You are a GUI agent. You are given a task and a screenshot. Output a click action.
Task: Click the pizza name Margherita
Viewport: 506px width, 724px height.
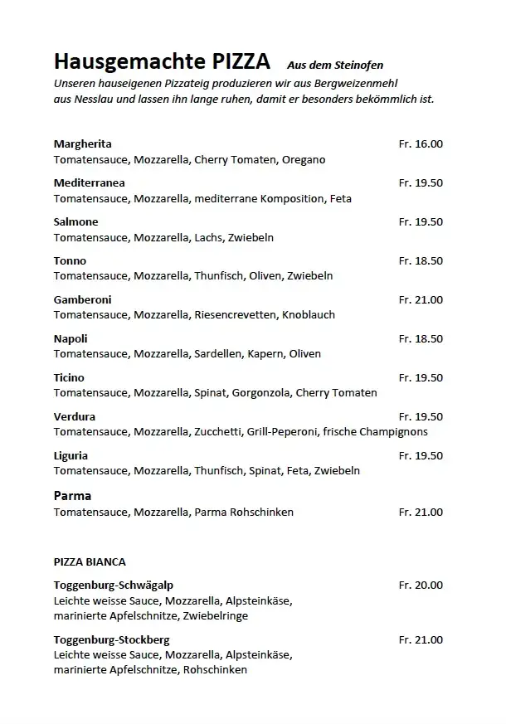pyautogui.click(x=82, y=143)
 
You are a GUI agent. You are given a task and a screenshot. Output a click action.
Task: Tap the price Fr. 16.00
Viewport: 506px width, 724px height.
pyautogui.click(x=421, y=143)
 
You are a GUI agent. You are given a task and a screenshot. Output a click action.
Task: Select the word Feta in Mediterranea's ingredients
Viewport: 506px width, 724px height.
pyautogui.click(x=341, y=198)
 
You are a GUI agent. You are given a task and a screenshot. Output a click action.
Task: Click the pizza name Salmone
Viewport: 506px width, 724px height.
pyautogui.click(x=75, y=221)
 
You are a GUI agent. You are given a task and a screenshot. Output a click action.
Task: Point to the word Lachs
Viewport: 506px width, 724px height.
pyautogui.click(x=208, y=237)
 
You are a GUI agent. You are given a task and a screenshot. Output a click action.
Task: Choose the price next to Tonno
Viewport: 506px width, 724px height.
pyautogui.click(x=421, y=260)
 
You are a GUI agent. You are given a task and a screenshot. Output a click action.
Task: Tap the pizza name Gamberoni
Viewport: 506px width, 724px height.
pyautogui.click(x=82, y=299)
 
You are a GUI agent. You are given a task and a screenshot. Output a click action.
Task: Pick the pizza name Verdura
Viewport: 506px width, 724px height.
pyautogui.click(x=74, y=416)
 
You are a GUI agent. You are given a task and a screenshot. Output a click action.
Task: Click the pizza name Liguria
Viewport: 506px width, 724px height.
pyautogui.click(x=71, y=455)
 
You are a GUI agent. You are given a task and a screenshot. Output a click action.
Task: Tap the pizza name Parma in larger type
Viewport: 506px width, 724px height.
pyautogui.click(x=72, y=495)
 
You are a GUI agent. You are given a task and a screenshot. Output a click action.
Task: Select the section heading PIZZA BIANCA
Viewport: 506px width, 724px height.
pyautogui.click(x=90, y=561)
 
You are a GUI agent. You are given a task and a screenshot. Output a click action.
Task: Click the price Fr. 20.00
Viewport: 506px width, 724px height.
pyautogui.click(x=421, y=585)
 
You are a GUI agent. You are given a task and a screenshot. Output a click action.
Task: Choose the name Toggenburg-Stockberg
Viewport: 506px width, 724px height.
pyautogui.click(x=111, y=639)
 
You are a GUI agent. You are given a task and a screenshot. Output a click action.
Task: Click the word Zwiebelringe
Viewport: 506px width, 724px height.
pyautogui.click(x=217, y=616)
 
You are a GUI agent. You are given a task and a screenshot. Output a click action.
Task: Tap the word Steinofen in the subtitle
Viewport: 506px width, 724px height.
pyautogui.click(x=359, y=65)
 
